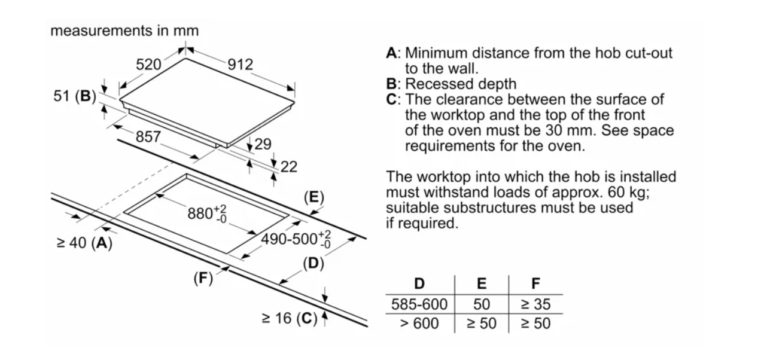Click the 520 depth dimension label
click(148, 65)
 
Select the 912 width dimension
click(241, 65)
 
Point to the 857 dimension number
click(148, 136)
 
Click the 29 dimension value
click(263, 144)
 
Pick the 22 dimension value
click(288, 167)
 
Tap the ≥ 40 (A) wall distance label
click(84, 243)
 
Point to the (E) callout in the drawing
click(313, 196)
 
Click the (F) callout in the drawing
click(203, 278)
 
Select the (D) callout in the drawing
click(312, 263)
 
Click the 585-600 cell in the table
click(419, 304)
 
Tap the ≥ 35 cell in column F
click(535, 304)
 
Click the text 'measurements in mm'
click(124, 31)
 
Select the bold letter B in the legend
click(391, 84)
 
